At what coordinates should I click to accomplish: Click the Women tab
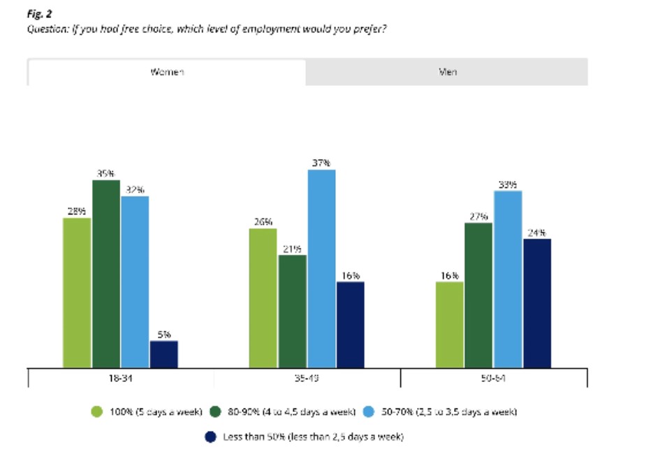(167, 72)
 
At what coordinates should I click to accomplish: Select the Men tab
(447, 72)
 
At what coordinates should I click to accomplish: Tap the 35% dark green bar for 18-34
(106, 273)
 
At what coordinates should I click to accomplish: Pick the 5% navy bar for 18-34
(163, 353)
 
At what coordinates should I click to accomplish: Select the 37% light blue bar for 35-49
(321, 268)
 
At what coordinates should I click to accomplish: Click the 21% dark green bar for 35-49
(292, 311)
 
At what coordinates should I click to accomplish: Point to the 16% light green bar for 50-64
(449, 324)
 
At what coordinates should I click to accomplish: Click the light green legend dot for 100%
(98, 412)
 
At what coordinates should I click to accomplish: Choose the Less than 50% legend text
(313, 436)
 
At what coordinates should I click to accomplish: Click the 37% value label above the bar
(321, 162)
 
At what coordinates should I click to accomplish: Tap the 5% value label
(163, 334)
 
